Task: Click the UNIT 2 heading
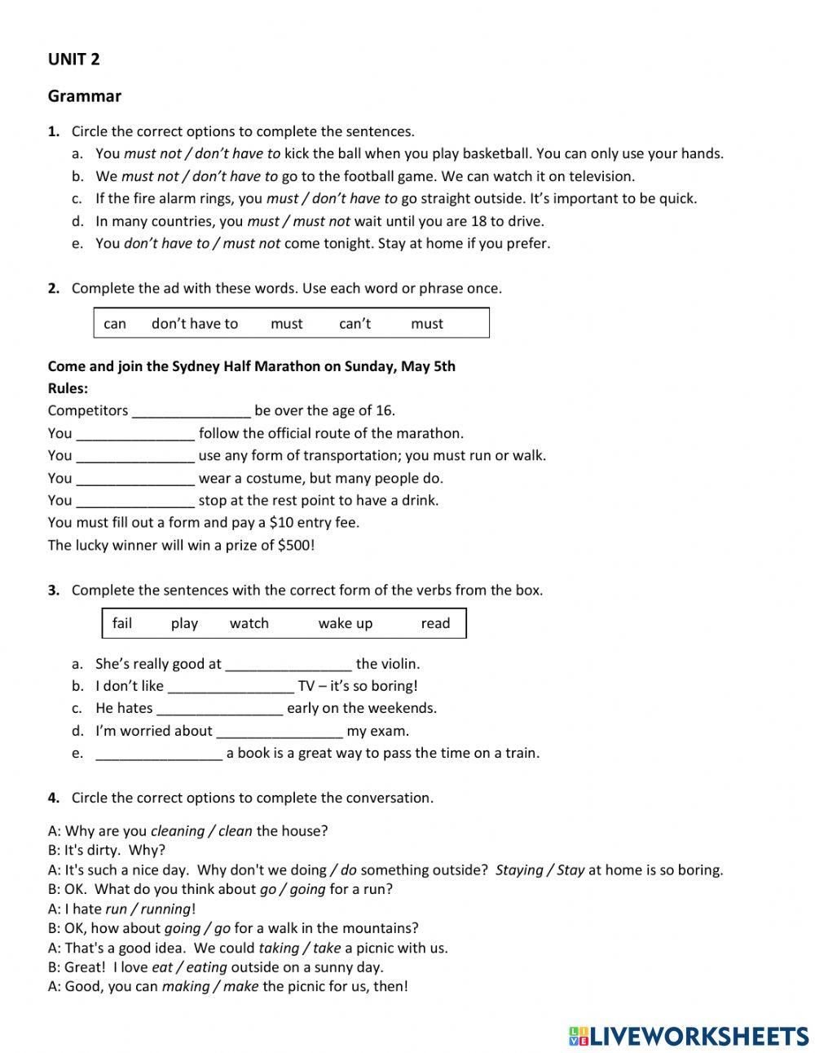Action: pyautogui.click(x=73, y=59)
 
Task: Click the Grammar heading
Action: pyautogui.click(x=84, y=96)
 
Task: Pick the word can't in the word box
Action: pyautogui.click(x=355, y=324)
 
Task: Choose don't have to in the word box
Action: pyautogui.click(x=194, y=324)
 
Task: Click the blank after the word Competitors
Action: pyautogui.click(x=191, y=411)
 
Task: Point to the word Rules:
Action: pyautogui.click(x=68, y=388)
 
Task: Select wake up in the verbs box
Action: pyautogui.click(x=345, y=623)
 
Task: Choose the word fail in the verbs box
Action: pyautogui.click(x=122, y=623)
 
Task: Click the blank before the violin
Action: pyautogui.click(x=288, y=665)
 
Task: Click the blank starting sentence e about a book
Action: pyautogui.click(x=158, y=754)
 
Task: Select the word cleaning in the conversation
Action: pyautogui.click(x=178, y=831)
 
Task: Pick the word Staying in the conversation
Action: pyautogui.click(x=519, y=870)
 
